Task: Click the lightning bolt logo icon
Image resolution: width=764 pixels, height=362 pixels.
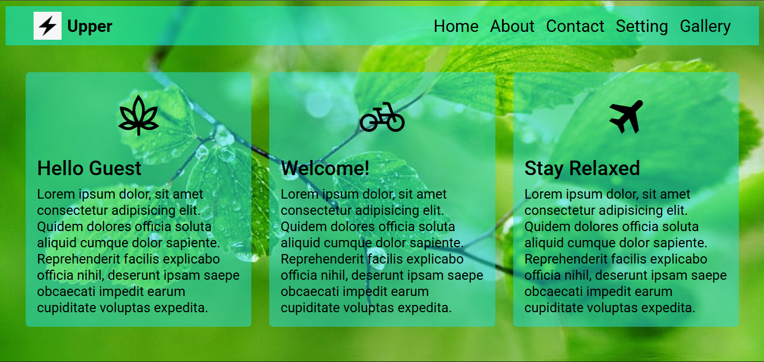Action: click(x=48, y=26)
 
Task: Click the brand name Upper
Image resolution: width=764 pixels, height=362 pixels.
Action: click(x=90, y=26)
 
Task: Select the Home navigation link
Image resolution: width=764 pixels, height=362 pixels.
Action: click(x=456, y=26)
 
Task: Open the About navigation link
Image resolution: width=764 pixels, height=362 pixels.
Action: click(x=512, y=26)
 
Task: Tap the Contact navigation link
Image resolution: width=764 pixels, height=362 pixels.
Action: click(x=575, y=26)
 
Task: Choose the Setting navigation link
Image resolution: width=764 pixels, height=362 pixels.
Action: click(x=641, y=26)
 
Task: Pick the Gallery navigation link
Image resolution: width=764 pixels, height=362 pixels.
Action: click(x=705, y=26)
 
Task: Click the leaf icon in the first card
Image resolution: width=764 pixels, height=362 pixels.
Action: click(x=138, y=115)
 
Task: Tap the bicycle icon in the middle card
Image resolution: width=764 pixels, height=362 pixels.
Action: click(x=382, y=117)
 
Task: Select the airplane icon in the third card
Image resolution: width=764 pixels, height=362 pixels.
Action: click(x=626, y=116)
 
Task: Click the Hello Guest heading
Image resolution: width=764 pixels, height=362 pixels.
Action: click(x=90, y=168)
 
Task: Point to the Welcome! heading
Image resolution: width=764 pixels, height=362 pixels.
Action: click(x=325, y=168)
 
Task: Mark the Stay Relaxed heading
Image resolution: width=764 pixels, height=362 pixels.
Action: click(x=582, y=168)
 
